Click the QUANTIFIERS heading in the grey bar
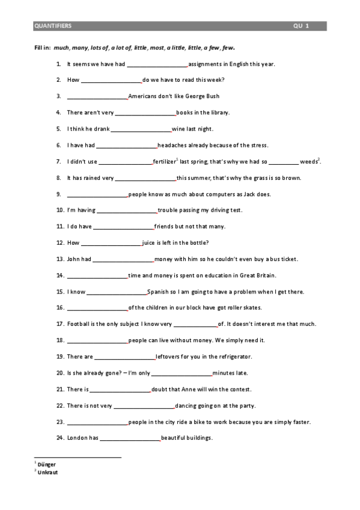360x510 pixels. pos(53,26)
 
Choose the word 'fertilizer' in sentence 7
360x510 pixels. pos(164,162)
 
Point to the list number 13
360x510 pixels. pos(60,259)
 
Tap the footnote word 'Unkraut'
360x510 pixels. pos(47,472)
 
